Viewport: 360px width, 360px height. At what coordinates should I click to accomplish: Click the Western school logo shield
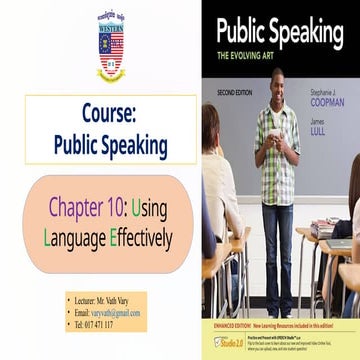[x=110, y=46]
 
